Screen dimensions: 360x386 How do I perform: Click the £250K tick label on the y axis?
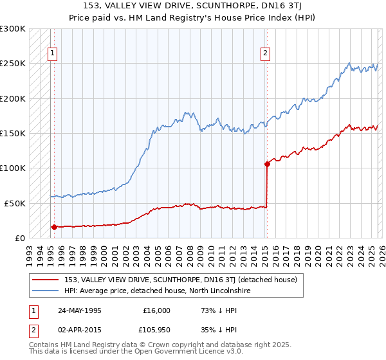point(12,64)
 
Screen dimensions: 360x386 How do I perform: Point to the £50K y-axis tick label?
point(14,203)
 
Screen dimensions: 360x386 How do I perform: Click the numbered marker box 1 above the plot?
point(52,54)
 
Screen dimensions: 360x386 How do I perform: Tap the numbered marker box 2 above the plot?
point(265,54)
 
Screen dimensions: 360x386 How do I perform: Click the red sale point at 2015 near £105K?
point(267,164)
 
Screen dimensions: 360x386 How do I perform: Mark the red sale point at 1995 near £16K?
point(54,226)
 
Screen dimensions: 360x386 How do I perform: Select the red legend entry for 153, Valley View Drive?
point(180,280)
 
